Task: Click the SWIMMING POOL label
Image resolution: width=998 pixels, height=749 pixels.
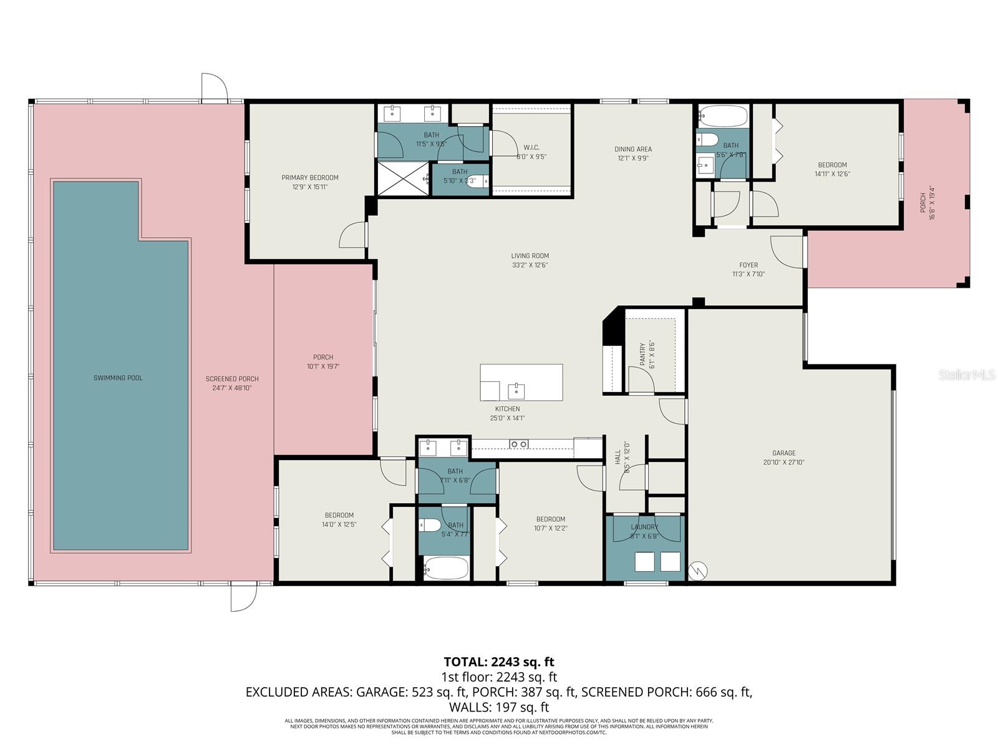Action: (x=118, y=378)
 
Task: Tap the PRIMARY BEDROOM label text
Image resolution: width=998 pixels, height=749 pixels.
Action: (x=310, y=178)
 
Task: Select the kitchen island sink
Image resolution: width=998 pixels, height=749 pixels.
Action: (x=516, y=391)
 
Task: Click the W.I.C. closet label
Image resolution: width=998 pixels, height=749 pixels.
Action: (x=531, y=148)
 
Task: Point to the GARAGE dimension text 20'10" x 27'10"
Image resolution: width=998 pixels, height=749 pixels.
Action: (x=784, y=463)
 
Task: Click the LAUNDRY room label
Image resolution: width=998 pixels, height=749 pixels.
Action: (x=644, y=527)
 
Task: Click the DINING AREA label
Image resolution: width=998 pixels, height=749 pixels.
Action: (x=633, y=149)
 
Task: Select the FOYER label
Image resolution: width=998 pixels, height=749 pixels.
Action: (x=748, y=265)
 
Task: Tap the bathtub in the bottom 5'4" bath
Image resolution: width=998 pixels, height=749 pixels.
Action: (x=445, y=568)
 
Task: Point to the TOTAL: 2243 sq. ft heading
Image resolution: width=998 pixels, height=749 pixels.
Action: (x=498, y=662)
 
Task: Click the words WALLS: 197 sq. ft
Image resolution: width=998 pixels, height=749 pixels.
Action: (x=498, y=707)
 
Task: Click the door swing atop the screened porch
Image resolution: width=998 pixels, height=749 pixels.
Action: (x=213, y=87)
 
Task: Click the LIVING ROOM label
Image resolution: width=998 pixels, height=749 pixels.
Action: (x=530, y=256)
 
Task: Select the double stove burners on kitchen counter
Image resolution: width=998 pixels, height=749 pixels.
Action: (x=519, y=444)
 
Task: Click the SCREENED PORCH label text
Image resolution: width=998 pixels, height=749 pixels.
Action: (x=232, y=379)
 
